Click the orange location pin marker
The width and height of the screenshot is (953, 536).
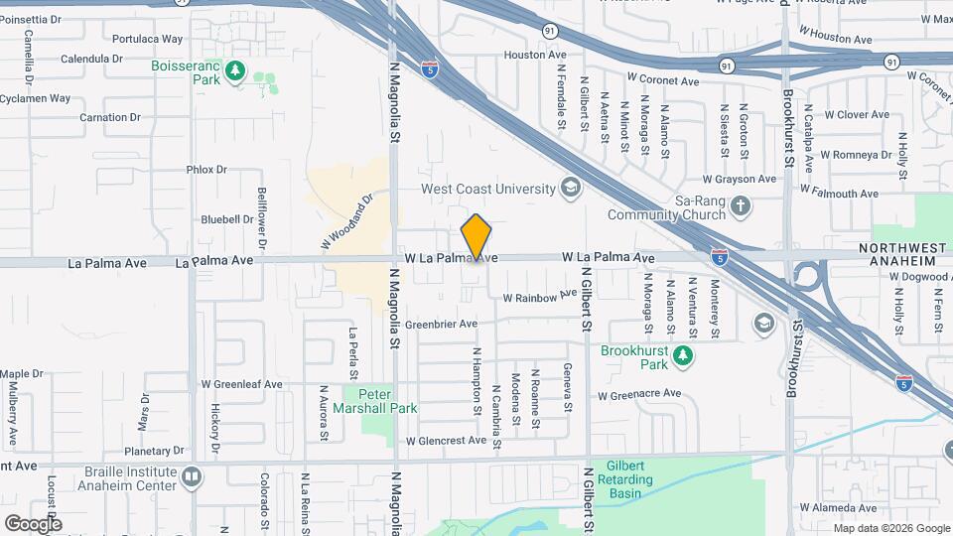point(476,237)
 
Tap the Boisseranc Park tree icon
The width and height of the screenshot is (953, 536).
point(235,69)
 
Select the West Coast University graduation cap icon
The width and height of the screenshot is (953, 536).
point(570,187)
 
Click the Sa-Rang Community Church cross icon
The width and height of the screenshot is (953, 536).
point(740,206)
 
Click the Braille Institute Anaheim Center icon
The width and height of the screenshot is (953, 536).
point(192,477)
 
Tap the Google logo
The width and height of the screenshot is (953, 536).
point(33,523)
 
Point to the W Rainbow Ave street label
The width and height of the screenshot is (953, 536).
point(539,297)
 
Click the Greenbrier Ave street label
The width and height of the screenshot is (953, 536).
point(441,324)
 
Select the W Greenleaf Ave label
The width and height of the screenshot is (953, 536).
point(241,384)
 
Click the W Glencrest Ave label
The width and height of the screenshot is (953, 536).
point(445,441)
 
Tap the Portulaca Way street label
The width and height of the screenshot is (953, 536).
point(148,40)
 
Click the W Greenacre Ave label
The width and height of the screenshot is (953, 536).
point(642,395)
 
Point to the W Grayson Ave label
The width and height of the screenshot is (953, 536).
point(739,180)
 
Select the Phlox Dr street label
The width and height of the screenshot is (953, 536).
point(206,170)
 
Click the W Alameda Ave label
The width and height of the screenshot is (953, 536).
point(839,508)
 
